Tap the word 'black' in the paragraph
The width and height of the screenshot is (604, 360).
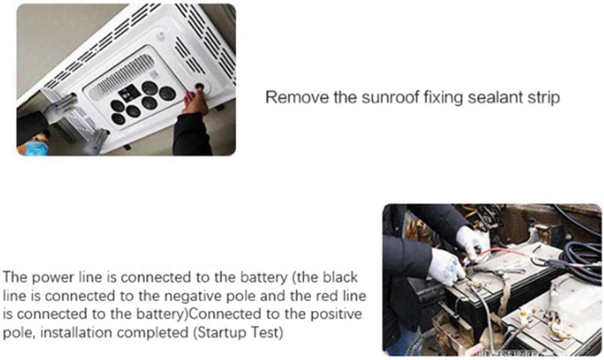click(340, 277)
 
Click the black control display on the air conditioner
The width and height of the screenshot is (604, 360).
click(128, 92)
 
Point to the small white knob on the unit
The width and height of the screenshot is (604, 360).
click(161, 36)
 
